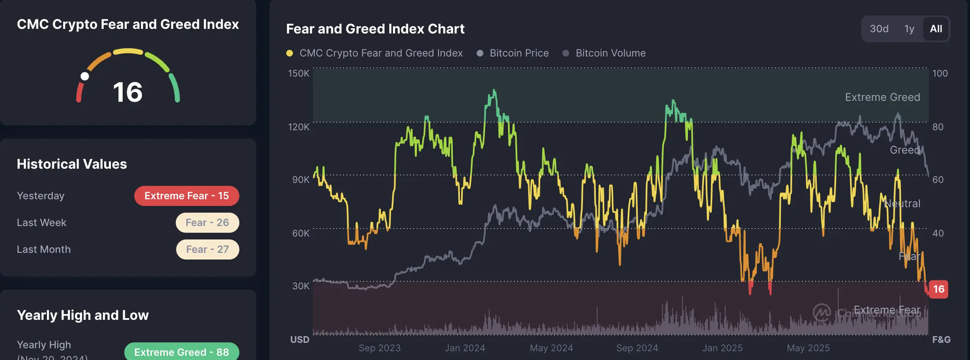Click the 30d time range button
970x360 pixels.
pos(879,29)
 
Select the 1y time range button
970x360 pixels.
pos(909,29)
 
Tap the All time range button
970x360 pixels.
pos(936,29)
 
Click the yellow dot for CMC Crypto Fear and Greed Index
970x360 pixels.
pos(290,53)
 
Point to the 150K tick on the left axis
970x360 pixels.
pos(298,73)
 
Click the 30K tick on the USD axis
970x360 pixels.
pos(300,286)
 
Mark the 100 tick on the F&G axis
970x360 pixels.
pos(940,73)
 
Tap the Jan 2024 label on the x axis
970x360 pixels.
pos(464,348)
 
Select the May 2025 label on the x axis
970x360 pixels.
pos(808,348)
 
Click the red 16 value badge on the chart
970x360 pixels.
pos(939,289)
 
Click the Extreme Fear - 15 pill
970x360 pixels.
pos(187,196)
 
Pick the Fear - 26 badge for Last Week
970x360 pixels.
pos(207,223)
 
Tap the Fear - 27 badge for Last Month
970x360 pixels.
pos(208,249)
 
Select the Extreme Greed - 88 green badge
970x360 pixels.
pos(182,352)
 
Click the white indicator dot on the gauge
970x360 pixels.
pos(85,76)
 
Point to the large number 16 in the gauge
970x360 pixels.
pos(128,92)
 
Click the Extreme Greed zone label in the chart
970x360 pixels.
pos(882,97)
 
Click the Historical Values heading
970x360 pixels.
pos(72,164)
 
